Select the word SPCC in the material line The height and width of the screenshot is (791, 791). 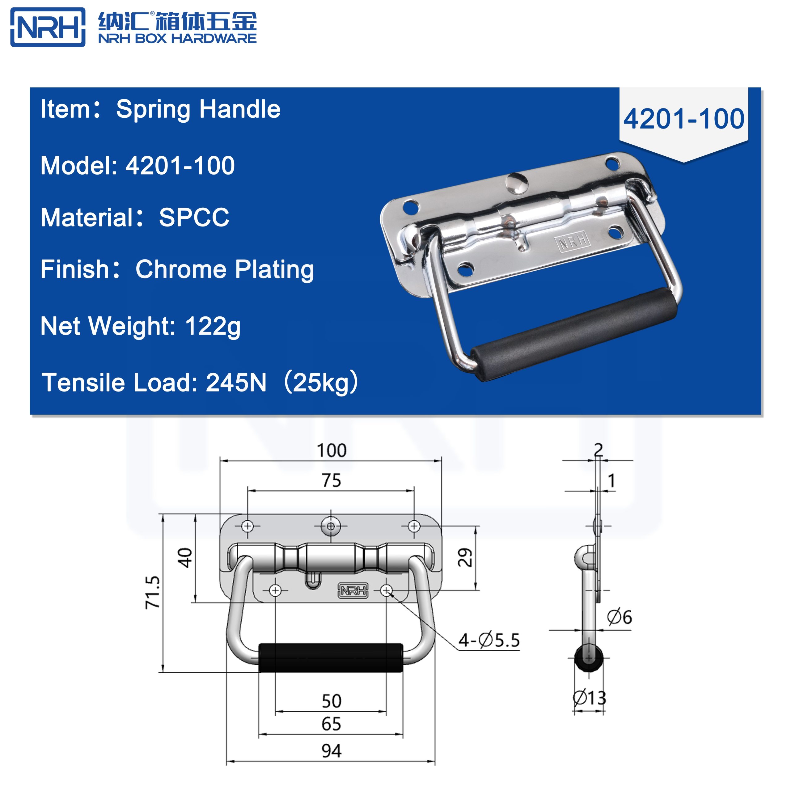[194, 218]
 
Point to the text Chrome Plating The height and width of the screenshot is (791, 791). [224, 270]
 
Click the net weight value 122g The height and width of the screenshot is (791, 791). [213, 326]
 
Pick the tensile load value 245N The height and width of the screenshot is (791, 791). [236, 383]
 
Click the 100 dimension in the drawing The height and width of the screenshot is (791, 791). [331, 451]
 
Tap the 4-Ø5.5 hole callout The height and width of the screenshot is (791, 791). [489, 640]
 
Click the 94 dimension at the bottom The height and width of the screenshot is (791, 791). [331, 751]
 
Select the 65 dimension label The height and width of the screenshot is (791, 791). [331, 724]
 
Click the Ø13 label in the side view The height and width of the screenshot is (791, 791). [589, 698]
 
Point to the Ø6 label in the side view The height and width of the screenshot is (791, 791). [619, 617]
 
